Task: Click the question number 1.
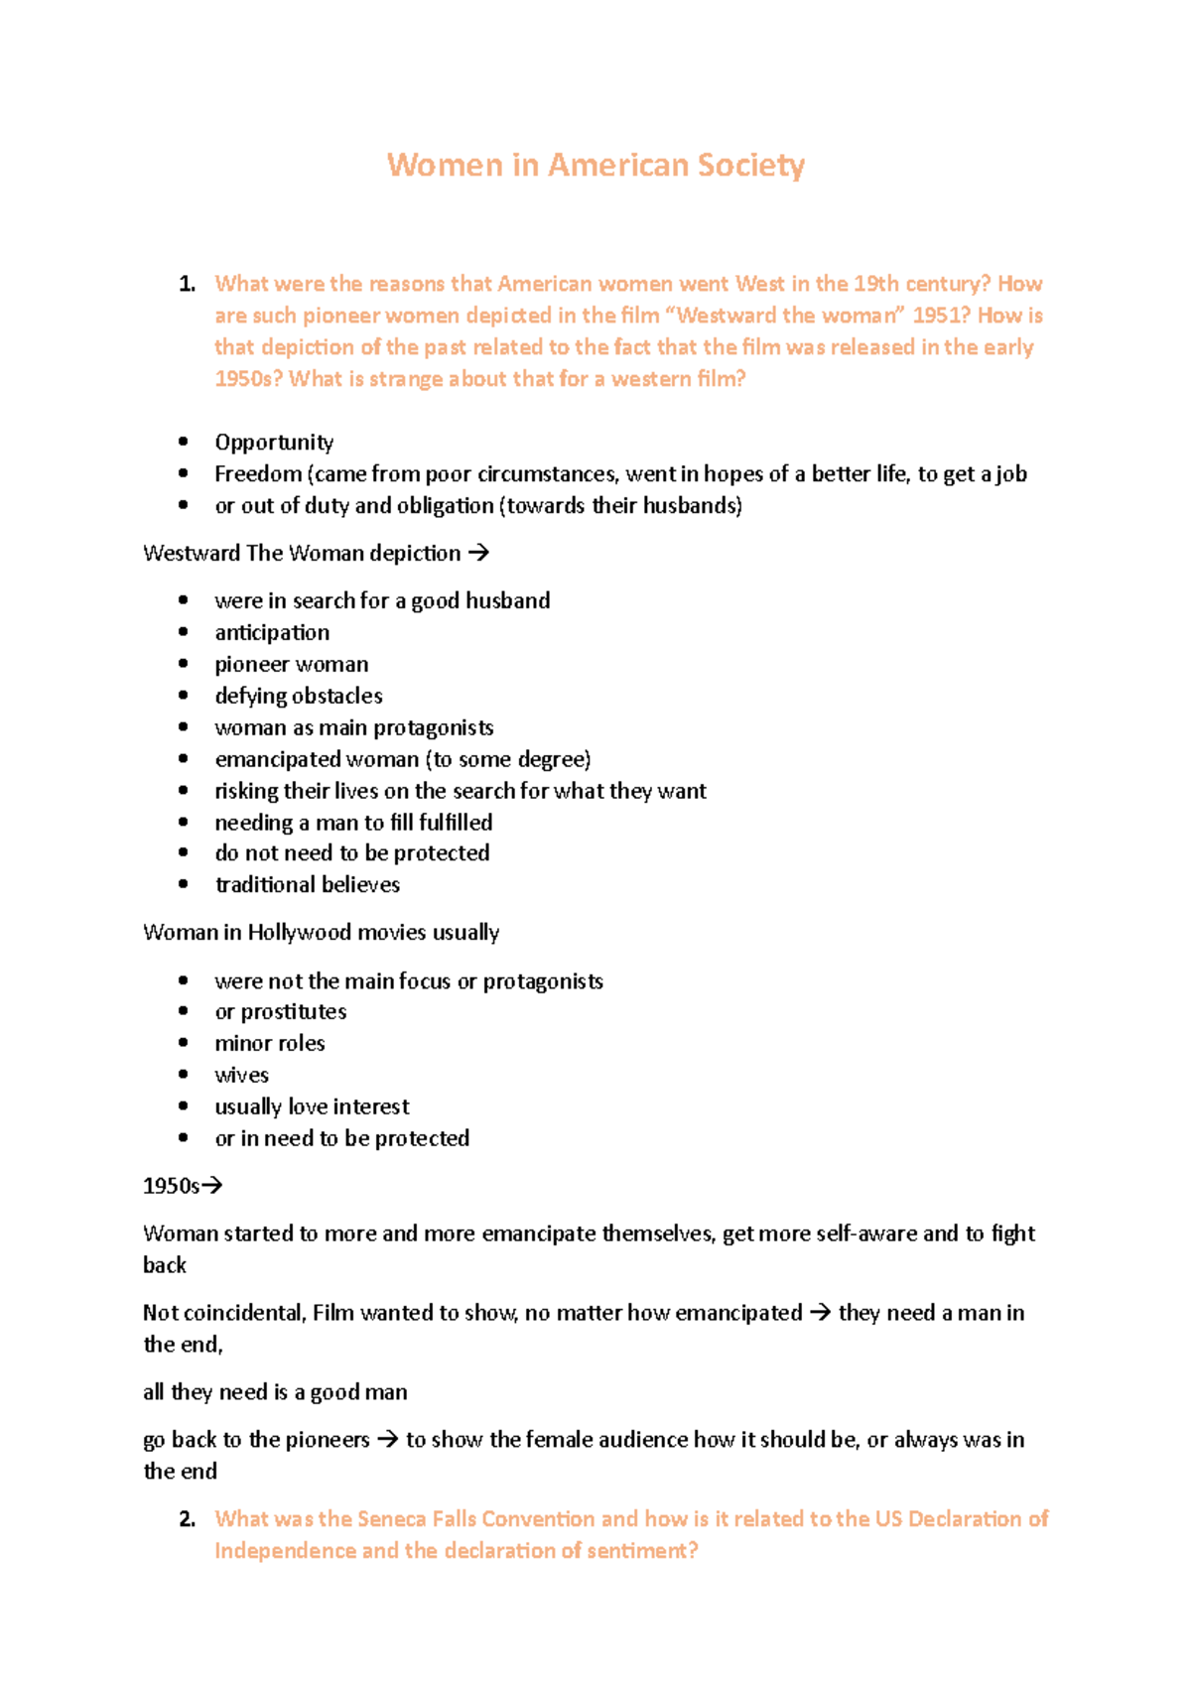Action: point(187,284)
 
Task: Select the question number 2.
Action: point(187,1519)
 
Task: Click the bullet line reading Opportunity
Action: point(274,443)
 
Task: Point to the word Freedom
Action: point(257,474)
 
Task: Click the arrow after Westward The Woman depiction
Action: point(478,553)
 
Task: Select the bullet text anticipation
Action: point(272,633)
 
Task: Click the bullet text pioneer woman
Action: point(291,665)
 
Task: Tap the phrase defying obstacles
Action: point(298,697)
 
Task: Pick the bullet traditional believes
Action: point(307,885)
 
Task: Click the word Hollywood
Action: point(299,933)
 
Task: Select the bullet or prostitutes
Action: point(280,1012)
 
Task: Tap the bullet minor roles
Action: point(269,1044)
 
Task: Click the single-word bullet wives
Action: point(241,1076)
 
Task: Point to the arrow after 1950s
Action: point(211,1186)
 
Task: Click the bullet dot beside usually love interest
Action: point(184,1106)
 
